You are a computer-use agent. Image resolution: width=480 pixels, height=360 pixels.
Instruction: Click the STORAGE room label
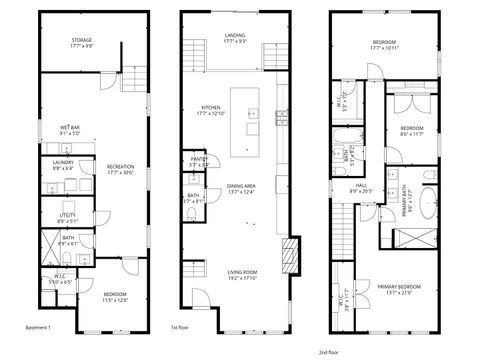(82, 43)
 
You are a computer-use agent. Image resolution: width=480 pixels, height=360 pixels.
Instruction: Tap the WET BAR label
(70, 130)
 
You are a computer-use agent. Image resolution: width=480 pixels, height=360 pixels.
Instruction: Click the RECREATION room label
(121, 169)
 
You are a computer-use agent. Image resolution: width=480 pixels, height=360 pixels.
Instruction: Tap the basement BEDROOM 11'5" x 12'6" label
(114, 296)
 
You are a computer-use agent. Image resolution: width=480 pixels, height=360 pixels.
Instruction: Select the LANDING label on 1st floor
(235, 37)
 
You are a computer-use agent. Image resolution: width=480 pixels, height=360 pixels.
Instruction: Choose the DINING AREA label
(241, 189)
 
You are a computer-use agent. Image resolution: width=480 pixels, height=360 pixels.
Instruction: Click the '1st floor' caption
(180, 327)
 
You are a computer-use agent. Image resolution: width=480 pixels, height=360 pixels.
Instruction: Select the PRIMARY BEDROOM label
(399, 290)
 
